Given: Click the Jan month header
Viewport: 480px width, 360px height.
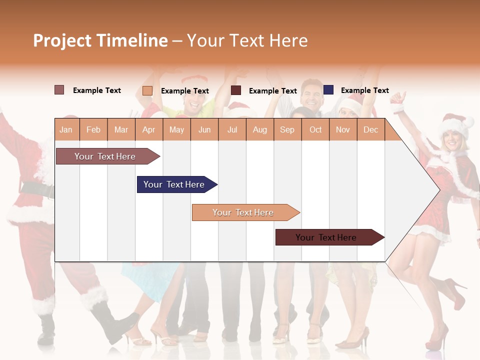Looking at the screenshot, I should (x=66, y=129).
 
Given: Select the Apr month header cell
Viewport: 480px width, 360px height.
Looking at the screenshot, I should (x=149, y=129).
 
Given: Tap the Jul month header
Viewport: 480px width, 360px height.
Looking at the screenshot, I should (x=232, y=129).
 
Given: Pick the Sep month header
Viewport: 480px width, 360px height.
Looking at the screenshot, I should (x=287, y=129).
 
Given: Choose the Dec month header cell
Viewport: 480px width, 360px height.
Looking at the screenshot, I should (x=370, y=129).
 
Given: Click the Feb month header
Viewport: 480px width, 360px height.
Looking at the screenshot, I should (x=93, y=129).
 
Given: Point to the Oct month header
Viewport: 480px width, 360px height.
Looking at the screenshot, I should (x=315, y=129).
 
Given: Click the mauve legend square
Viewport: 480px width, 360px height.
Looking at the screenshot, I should (x=59, y=90).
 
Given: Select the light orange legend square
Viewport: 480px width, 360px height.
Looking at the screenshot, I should (x=147, y=90).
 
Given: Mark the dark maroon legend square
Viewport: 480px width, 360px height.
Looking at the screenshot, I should (x=236, y=90).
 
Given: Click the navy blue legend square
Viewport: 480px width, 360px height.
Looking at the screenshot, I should (x=328, y=90).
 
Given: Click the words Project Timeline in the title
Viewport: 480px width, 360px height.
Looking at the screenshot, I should (x=100, y=40).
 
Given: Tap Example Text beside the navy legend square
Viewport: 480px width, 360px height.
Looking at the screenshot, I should (x=364, y=90).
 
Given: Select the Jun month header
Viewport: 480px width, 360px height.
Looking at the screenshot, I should (x=204, y=129).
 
